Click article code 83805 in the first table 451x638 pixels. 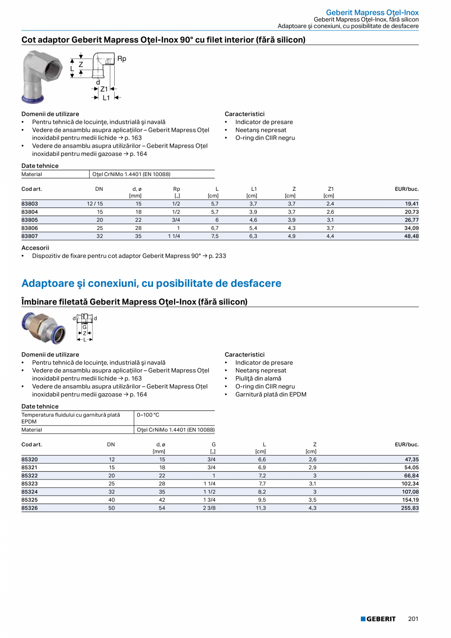pos(30,220)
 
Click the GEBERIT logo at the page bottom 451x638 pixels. pos(378,619)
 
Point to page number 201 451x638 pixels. pos(413,619)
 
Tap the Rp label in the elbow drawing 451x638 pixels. pos(122,59)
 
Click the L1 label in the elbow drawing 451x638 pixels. pos(106,98)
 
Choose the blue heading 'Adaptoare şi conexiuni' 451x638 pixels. pos(151,283)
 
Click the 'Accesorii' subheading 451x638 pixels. pos(35,248)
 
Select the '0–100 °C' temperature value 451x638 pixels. pos(148,415)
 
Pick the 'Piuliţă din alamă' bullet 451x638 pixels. pos(258,379)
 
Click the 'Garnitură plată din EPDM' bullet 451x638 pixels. pos(271,394)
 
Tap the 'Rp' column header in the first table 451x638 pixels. pos(177,189)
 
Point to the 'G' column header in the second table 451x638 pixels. pos(214,444)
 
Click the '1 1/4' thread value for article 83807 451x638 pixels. pos(174,236)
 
